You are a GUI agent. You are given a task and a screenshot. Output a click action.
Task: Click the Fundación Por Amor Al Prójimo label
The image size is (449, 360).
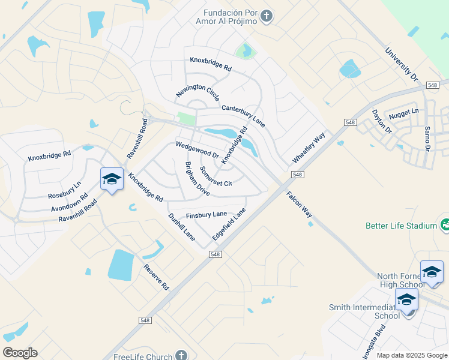point(230,17)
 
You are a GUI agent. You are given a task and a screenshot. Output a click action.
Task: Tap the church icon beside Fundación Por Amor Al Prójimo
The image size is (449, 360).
point(267,16)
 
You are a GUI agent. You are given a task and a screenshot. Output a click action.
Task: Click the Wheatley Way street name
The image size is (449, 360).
point(309,147)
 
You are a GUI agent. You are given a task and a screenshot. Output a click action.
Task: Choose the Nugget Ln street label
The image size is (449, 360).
point(403,112)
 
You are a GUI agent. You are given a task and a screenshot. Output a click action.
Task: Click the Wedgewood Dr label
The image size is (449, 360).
point(197,150)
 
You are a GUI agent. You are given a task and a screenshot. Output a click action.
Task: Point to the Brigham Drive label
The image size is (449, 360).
point(197,179)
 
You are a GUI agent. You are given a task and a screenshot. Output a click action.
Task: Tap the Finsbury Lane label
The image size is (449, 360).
point(206,214)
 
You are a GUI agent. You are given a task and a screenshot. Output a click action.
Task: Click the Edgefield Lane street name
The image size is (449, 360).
point(229,224)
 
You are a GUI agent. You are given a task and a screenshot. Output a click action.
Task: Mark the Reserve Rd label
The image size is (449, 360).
point(156,277)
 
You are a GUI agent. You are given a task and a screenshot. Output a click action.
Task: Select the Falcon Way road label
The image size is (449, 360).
point(299,204)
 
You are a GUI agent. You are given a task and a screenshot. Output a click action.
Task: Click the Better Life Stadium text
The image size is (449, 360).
point(401,226)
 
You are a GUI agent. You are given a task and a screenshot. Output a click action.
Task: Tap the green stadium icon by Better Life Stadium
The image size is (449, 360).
point(445,225)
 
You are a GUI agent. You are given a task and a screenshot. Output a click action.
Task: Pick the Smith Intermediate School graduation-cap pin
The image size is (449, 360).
point(406,299)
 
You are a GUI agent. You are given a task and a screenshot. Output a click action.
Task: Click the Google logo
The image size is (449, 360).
point(20,353)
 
